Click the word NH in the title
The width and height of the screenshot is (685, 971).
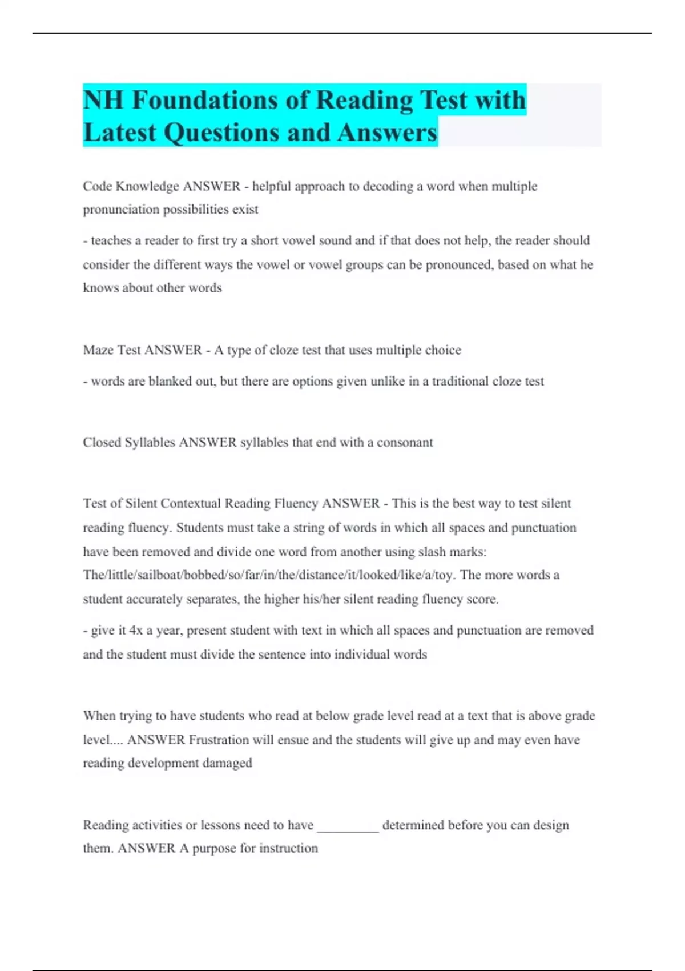click(103, 100)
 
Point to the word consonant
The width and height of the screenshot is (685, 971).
click(405, 442)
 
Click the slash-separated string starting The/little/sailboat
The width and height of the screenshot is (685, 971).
click(268, 575)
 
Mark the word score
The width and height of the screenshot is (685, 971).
click(482, 599)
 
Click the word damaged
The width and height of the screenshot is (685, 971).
click(227, 763)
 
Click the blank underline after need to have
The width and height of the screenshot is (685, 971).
click(348, 825)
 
